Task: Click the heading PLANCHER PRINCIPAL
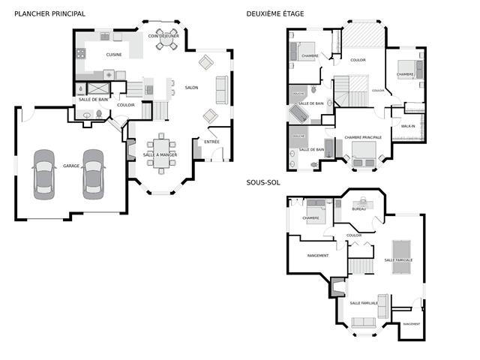click(x=49, y=14)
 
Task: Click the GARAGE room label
click(x=71, y=166)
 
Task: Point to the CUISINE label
click(x=114, y=55)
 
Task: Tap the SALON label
click(x=191, y=88)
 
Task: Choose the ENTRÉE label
click(x=211, y=141)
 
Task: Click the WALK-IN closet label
click(x=408, y=126)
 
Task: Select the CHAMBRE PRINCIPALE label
click(x=363, y=137)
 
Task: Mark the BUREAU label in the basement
click(x=358, y=209)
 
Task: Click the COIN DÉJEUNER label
click(x=163, y=35)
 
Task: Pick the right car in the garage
click(x=93, y=172)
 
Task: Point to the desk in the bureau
click(x=363, y=202)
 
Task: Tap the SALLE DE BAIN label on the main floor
click(x=94, y=99)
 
